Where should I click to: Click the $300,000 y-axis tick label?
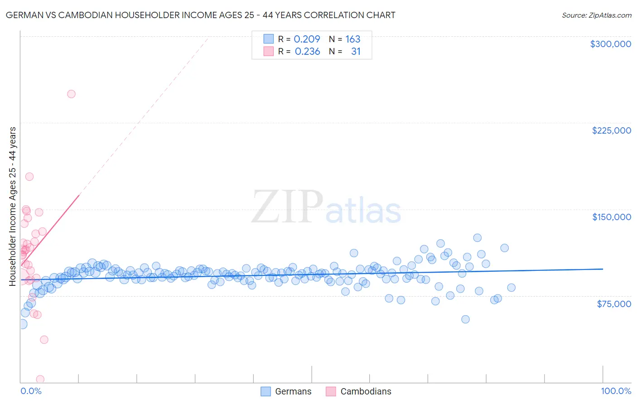610,44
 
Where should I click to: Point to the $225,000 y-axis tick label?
611,130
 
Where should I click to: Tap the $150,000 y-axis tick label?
611,217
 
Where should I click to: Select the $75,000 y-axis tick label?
613,304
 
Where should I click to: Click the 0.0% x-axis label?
31,391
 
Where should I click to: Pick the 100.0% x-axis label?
616,391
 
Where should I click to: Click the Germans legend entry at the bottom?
293,391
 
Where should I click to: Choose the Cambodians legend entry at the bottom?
366,391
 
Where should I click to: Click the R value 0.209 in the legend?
307,39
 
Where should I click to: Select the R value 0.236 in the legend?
307,52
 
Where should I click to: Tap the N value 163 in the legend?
352,39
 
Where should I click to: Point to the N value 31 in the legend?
356,52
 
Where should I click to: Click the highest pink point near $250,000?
71,94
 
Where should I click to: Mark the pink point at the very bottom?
40,379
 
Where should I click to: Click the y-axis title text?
13,207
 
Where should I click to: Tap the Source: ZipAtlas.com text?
596,15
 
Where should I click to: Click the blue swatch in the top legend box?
268,39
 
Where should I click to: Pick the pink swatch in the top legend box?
268,51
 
